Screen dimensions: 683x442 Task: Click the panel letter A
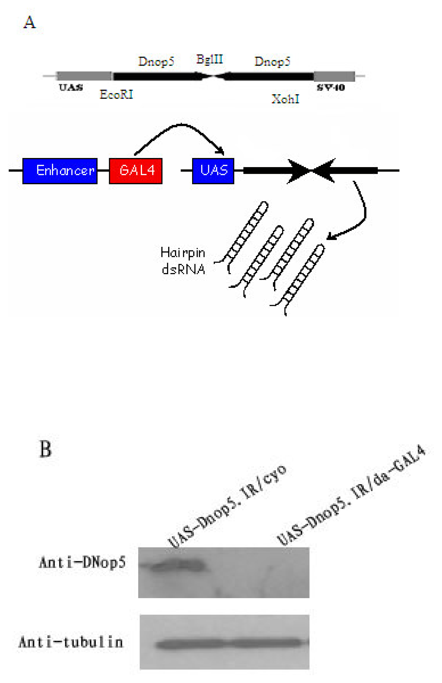pos(30,22)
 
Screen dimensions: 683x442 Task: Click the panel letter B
pos(45,449)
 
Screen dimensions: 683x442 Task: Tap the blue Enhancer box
pos(60,171)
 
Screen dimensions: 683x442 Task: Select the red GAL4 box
pos(136,171)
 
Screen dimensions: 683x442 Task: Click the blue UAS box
pos(213,171)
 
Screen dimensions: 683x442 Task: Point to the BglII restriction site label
pos(210,59)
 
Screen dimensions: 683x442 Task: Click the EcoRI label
pos(116,94)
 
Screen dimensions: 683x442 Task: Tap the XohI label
pos(285,99)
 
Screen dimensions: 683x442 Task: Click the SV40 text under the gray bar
pos(331,87)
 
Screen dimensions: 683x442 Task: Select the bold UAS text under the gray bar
pos(71,87)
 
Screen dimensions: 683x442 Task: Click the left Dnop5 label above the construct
pos(156,61)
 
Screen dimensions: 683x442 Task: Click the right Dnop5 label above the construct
pos(272,61)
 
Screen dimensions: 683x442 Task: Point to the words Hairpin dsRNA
pos(183,261)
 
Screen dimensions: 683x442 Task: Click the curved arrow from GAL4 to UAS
pos(181,125)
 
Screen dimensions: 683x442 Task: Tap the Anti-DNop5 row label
pos(82,562)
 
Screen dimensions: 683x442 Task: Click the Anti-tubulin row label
pos(71,642)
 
